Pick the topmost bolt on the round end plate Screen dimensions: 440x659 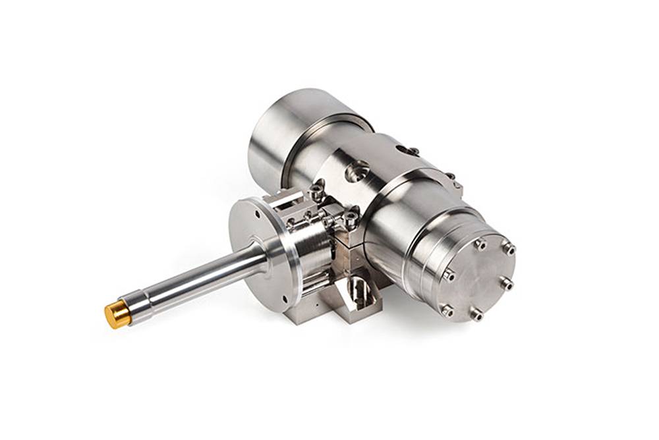pyautogui.click(x=481, y=244)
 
